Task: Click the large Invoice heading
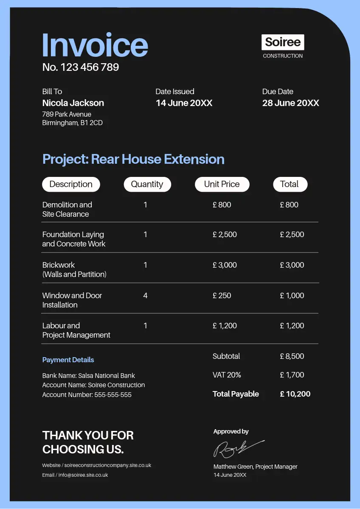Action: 95,45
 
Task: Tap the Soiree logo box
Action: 283,42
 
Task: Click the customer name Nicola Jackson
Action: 73,103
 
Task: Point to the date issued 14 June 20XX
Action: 184,103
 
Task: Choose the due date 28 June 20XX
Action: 290,103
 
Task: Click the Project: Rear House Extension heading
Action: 133,159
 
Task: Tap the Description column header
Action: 71,184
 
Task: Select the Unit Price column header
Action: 222,184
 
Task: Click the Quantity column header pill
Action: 147,184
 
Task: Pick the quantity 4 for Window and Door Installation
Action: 145,295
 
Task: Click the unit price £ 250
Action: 222,295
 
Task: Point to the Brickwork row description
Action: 74,269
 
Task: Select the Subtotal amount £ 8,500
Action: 292,356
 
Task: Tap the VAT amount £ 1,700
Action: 292,375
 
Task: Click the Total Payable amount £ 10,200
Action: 295,394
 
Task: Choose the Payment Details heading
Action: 68,360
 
